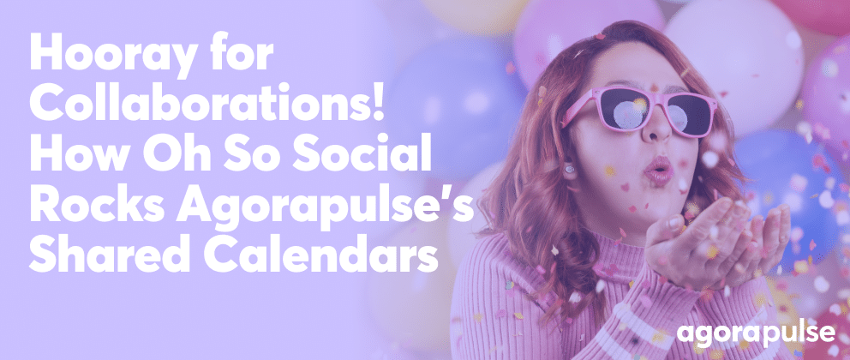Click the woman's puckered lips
click(x=658, y=171)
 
